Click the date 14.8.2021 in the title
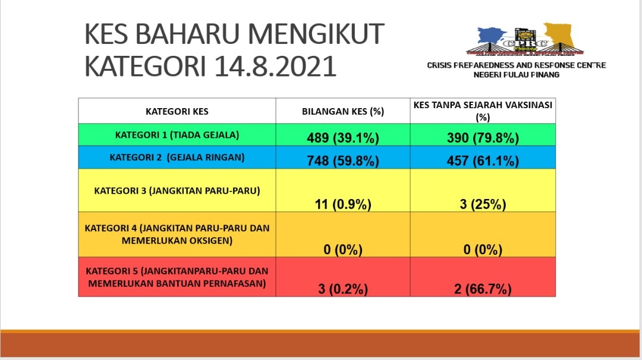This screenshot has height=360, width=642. click(x=275, y=67)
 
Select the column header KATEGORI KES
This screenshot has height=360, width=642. click(x=177, y=111)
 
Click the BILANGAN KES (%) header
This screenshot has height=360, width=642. click(x=343, y=111)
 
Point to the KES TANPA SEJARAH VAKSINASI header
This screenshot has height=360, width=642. click(x=483, y=111)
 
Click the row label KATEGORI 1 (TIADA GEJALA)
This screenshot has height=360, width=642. click(x=177, y=135)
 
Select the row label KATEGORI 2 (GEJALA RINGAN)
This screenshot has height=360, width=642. click(x=177, y=157)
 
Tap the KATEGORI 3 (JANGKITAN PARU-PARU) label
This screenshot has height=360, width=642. click(x=177, y=191)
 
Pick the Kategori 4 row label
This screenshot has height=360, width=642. click(x=177, y=234)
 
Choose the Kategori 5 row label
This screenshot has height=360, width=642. click(x=177, y=277)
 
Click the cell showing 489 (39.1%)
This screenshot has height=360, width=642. click(x=343, y=138)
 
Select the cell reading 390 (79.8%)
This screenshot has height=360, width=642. click(x=483, y=138)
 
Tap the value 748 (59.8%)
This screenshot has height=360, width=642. click(x=343, y=161)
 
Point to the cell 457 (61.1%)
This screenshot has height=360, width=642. click(x=483, y=161)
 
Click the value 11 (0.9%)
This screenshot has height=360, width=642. click(x=343, y=204)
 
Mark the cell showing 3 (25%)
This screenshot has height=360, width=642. click(x=483, y=204)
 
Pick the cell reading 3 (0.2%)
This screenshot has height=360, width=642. click(x=343, y=289)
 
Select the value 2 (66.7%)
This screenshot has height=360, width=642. click(x=483, y=289)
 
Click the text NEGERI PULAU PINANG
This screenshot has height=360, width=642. click(x=517, y=75)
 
